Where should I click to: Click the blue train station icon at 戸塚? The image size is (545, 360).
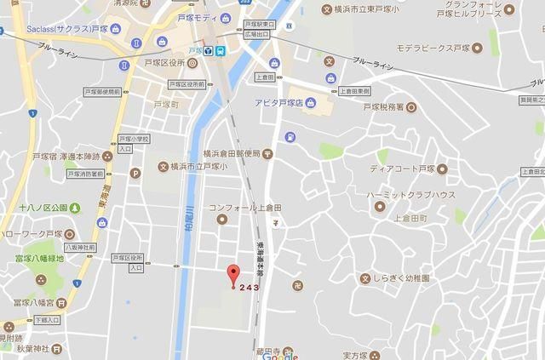coord(221,50)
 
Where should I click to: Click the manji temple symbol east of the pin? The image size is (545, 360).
coord(296,285)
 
